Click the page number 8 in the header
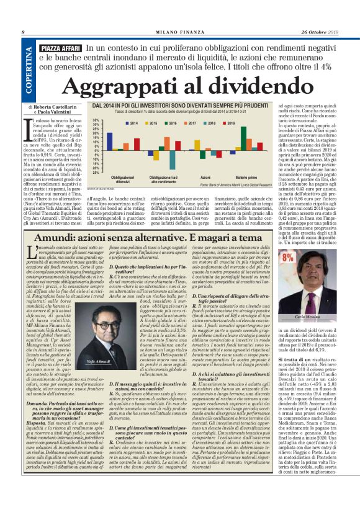tap(22, 32)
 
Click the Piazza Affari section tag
tap(60, 48)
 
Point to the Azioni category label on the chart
tap(205, 177)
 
